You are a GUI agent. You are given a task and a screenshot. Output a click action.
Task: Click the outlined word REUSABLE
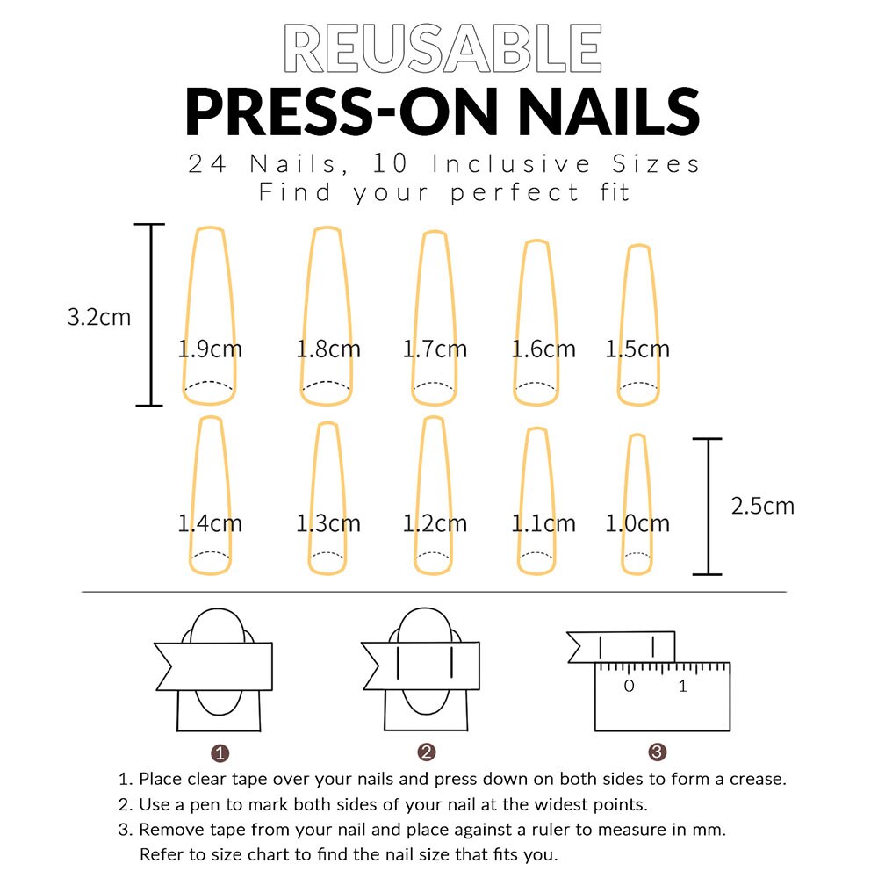point(443,49)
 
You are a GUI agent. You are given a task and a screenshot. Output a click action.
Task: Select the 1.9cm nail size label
point(210,349)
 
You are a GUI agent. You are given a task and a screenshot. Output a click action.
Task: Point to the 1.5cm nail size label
point(637,349)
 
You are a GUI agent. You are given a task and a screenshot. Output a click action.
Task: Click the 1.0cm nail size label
point(637,524)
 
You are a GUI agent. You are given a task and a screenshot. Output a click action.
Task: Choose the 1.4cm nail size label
point(210,524)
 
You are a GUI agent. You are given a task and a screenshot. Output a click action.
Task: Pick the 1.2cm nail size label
point(435,524)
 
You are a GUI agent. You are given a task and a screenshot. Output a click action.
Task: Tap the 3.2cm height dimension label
point(99,317)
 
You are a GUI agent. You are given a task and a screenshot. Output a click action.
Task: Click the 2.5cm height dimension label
point(762,506)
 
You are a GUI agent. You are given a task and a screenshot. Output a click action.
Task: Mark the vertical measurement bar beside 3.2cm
point(150,314)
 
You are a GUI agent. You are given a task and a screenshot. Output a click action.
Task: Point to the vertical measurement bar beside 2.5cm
point(708,507)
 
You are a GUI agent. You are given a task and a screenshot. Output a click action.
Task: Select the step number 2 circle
point(427,752)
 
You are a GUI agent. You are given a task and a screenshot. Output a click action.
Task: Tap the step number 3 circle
point(658,752)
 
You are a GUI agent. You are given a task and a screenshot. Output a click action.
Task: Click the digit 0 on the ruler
point(629,687)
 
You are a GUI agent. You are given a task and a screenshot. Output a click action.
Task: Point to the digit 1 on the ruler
point(683,687)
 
